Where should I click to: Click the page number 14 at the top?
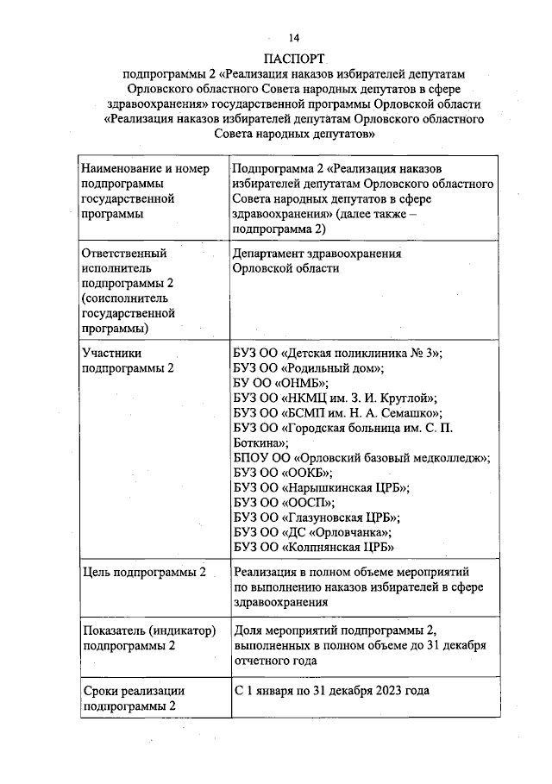[x=294, y=38]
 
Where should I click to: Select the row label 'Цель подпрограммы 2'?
[x=143, y=573]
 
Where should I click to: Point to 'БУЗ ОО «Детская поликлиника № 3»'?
[x=338, y=352]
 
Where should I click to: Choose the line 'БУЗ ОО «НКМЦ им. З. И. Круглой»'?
[x=336, y=398]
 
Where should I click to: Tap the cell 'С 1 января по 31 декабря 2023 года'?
[x=331, y=692]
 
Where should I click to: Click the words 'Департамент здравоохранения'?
[x=317, y=254]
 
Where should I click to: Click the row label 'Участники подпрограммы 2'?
[x=128, y=360]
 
